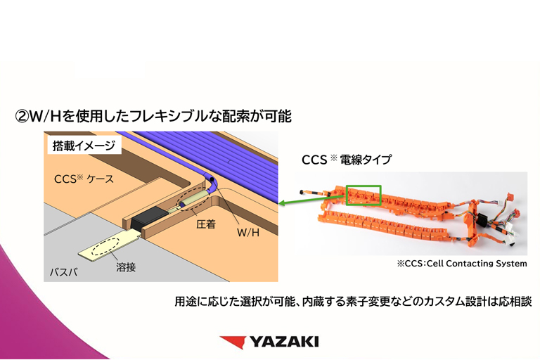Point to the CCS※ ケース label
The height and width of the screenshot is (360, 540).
click(84, 179)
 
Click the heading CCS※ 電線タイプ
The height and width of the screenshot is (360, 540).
click(346, 160)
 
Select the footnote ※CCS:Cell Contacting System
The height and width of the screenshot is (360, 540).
click(461, 264)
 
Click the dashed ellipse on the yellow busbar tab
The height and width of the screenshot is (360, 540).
click(105, 247)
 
